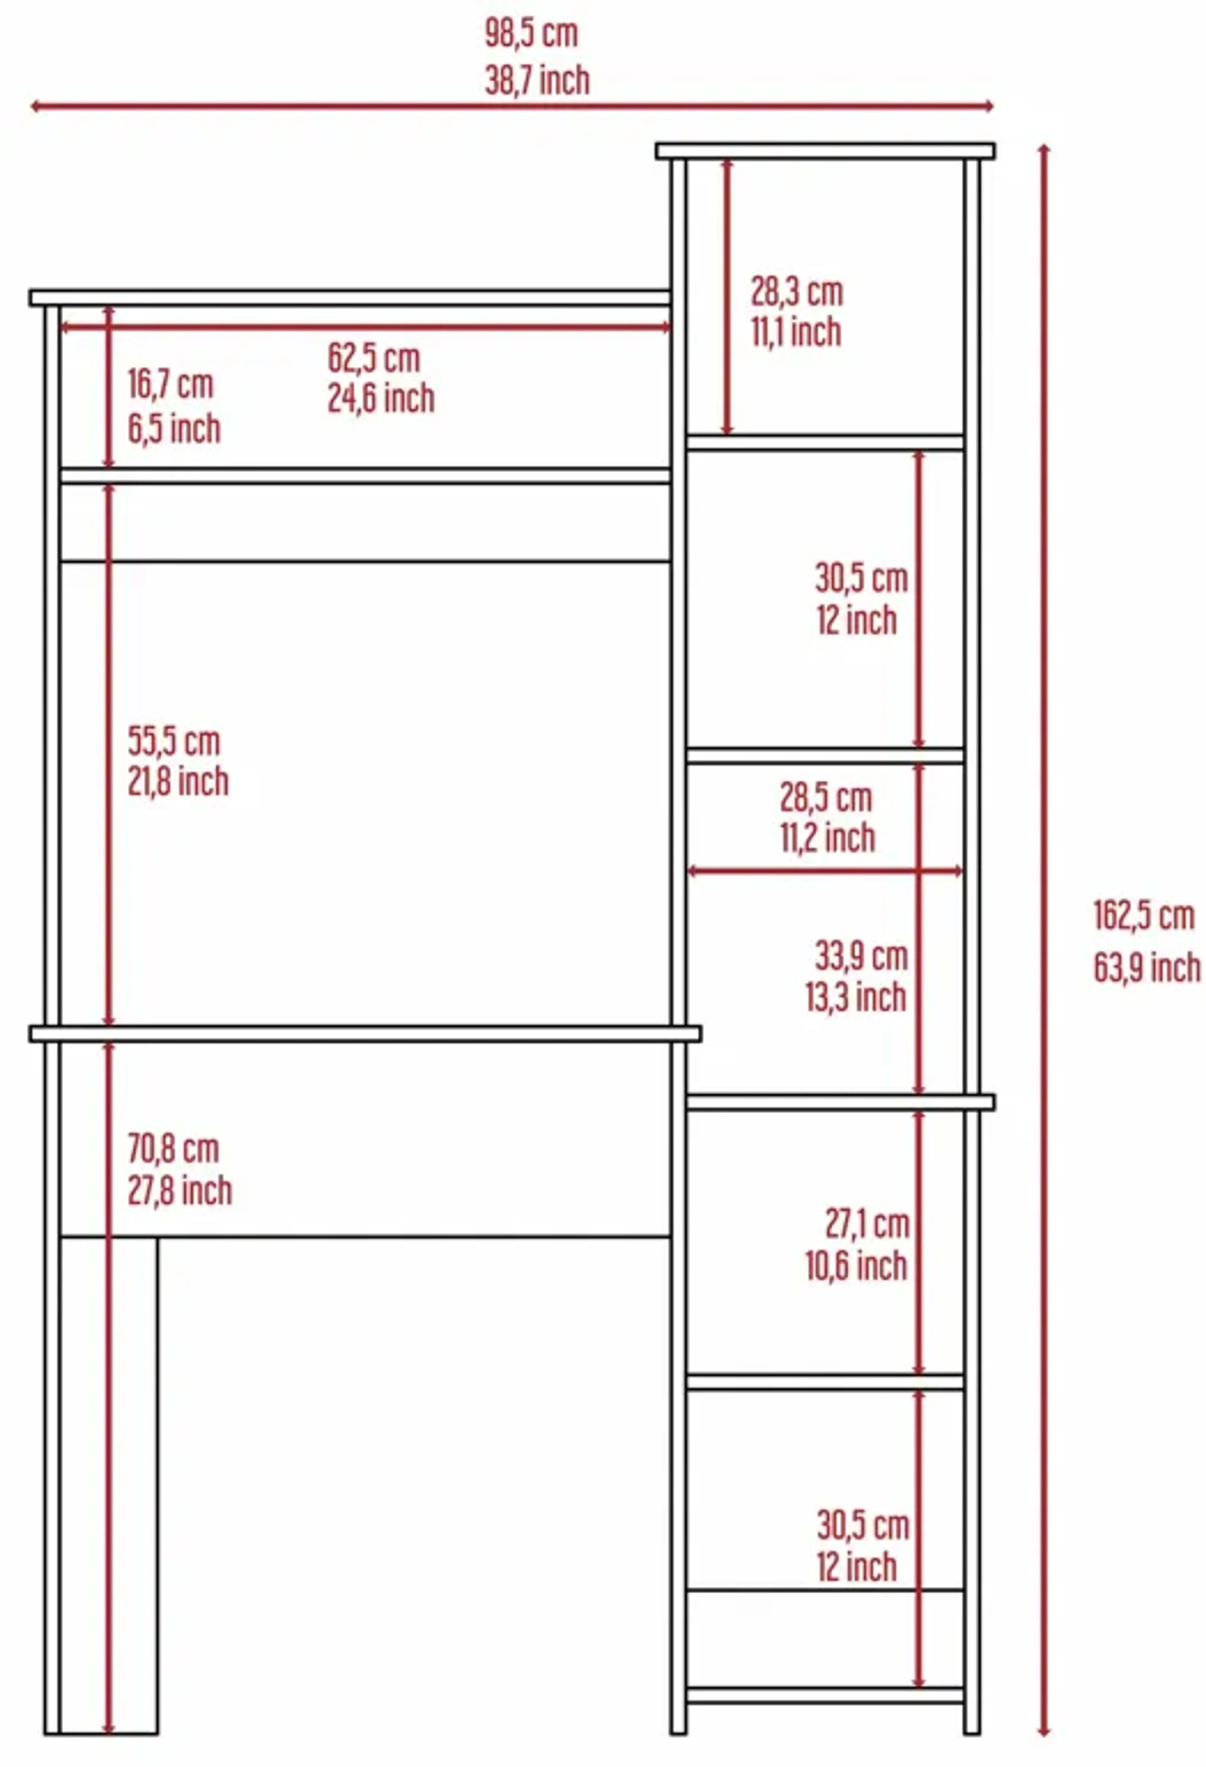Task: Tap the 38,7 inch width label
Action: (537, 81)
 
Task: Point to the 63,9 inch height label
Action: (1147, 968)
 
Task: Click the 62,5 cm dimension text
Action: (374, 358)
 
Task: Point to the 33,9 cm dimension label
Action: (862, 957)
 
